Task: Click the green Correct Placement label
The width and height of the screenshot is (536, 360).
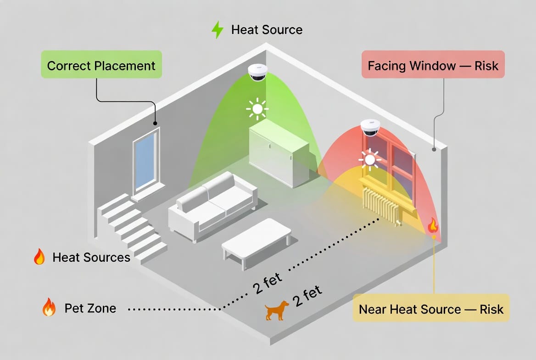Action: click(101, 65)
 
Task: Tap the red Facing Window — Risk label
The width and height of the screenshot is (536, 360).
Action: click(433, 65)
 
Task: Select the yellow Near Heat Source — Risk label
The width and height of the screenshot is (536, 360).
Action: click(431, 309)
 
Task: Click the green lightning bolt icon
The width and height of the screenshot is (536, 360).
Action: click(217, 30)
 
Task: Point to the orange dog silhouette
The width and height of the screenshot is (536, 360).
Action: click(277, 310)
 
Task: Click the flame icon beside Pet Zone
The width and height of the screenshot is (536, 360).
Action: click(49, 307)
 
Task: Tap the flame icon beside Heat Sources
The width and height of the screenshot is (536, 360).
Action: click(39, 257)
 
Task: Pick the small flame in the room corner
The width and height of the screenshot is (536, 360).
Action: click(432, 225)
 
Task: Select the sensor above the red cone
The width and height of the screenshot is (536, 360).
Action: click(370, 127)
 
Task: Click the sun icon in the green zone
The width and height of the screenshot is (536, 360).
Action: click(257, 109)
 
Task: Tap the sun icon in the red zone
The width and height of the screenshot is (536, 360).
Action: click(370, 159)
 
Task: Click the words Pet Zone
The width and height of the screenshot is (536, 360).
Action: click(90, 308)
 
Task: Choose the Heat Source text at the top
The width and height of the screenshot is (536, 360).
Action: click(267, 30)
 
